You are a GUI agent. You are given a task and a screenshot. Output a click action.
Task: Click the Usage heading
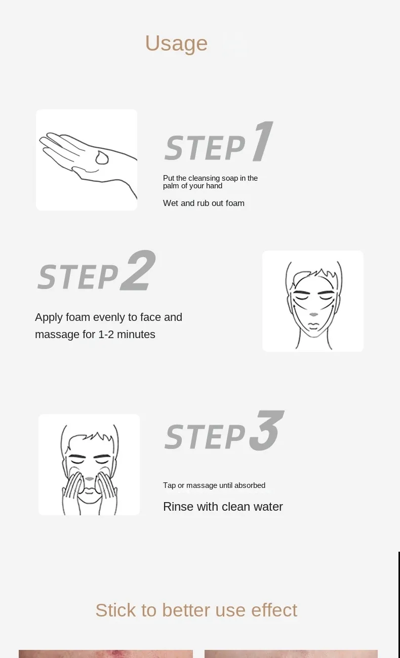tap(176, 44)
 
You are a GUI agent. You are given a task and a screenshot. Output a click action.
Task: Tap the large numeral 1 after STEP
tap(263, 141)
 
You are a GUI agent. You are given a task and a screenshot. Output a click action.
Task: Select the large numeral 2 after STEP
tap(138, 270)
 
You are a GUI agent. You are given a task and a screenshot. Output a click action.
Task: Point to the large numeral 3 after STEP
tap(266, 430)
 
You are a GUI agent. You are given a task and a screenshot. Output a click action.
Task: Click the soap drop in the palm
tap(102, 157)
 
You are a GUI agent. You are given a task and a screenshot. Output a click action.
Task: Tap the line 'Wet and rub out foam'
tap(204, 203)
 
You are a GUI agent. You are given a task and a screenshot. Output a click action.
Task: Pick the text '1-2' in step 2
tap(106, 334)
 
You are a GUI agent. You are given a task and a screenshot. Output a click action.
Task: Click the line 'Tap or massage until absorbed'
tap(214, 485)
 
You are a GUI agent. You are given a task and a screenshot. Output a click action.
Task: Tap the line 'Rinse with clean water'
tap(223, 507)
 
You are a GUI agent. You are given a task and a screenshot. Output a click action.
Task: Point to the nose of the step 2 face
tap(313, 315)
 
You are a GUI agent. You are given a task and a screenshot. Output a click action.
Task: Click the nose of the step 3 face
tap(89, 479)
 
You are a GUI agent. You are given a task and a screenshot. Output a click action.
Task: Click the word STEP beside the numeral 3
tap(205, 437)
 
